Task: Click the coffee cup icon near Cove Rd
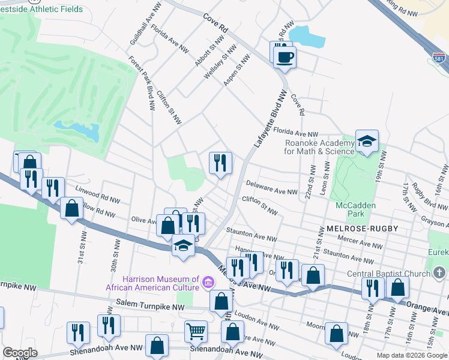point(286,57)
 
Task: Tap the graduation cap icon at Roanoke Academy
point(367,142)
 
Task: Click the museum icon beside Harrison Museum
point(208,281)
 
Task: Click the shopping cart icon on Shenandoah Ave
point(196,331)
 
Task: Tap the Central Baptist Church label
point(388,274)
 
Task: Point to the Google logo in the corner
point(20,352)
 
